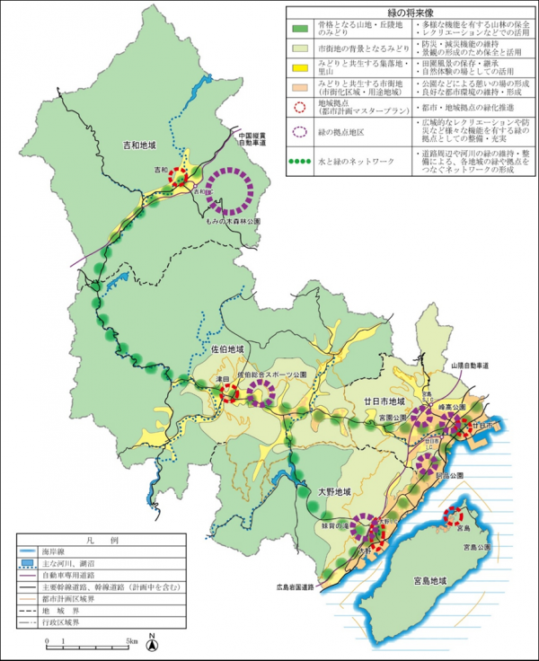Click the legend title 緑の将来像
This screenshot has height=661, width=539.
click(x=409, y=13)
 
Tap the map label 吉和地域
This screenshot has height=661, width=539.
click(x=139, y=145)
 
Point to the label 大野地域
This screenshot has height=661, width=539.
click(x=332, y=492)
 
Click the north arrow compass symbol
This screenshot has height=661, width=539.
click(x=153, y=642)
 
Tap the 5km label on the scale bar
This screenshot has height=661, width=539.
click(x=131, y=641)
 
